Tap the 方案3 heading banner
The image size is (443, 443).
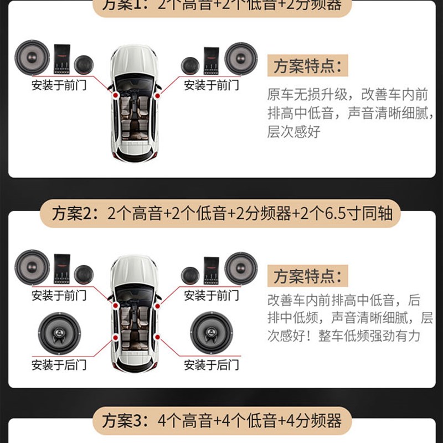click(x=222, y=421)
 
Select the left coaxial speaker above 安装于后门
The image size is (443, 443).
click(x=59, y=334)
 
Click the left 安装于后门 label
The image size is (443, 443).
click(x=59, y=365)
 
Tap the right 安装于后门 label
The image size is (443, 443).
click(x=212, y=365)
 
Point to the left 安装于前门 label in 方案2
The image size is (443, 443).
click(x=59, y=295)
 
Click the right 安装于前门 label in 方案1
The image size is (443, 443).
click(x=212, y=85)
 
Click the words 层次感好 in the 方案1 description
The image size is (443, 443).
click(x=293, y=132)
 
